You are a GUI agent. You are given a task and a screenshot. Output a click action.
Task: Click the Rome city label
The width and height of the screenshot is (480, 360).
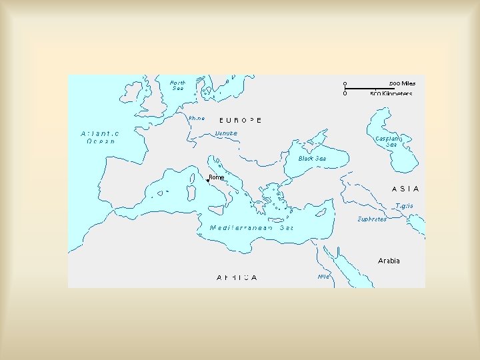click(217, 177)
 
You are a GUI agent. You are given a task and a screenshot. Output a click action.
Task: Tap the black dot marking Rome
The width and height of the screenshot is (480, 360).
click(207, 180)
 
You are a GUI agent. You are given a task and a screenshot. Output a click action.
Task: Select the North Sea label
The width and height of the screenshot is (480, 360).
click(178, 85)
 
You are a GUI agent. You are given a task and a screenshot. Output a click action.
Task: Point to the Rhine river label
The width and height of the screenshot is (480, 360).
click(196, 118)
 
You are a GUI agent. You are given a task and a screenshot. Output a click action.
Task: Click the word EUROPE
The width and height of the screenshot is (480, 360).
click(241, 121)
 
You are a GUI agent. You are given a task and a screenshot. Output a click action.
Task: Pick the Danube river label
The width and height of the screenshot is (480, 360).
click(226, 133)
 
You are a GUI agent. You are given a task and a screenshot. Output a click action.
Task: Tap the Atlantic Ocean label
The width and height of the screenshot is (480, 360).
click(100, 137)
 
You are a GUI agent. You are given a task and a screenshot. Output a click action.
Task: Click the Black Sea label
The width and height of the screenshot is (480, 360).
click(312, 159)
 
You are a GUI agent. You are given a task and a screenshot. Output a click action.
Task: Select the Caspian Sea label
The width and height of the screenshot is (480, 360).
click(387, 141)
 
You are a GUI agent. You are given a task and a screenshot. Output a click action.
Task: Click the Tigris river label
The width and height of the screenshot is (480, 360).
click(404, 206)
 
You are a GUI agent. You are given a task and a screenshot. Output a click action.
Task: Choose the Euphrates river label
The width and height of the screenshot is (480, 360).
click(371, 219)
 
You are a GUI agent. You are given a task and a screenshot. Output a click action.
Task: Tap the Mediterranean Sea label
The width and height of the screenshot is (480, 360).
click(251, 227)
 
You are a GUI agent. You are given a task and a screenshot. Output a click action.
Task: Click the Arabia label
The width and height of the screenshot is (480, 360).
click(389, 261)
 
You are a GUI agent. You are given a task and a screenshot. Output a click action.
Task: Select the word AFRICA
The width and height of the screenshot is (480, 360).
click(237, 277)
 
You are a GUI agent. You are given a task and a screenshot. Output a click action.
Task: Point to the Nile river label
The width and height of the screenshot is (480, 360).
click(324, 276)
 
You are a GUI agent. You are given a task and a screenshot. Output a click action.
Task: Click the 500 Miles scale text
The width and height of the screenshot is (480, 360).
click(402, 83)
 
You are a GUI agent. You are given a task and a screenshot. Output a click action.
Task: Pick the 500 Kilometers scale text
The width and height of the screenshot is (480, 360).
click(391, 94)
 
